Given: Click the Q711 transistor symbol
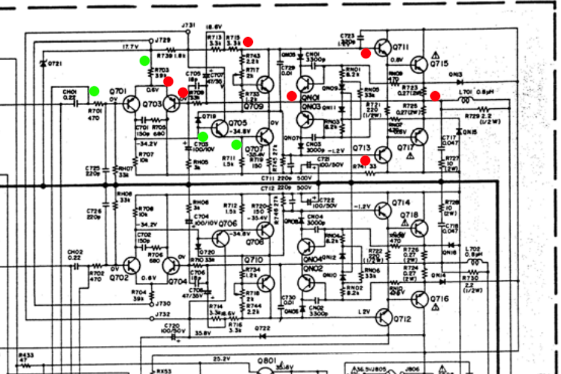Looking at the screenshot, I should (x=383, y=47).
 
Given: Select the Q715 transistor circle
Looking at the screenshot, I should (x=419, y=64).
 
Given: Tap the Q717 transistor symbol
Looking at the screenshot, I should (x=419, y=137).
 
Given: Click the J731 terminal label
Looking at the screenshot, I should (x=188, y=25).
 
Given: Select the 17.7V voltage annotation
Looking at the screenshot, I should (x=131, y=46).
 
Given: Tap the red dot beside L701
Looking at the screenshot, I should (x=435, y=95).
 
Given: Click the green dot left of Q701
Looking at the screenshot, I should (x=94, y=91).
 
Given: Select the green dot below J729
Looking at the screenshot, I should (x=144, y=60).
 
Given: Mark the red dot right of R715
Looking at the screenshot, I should (x=248, y=42).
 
